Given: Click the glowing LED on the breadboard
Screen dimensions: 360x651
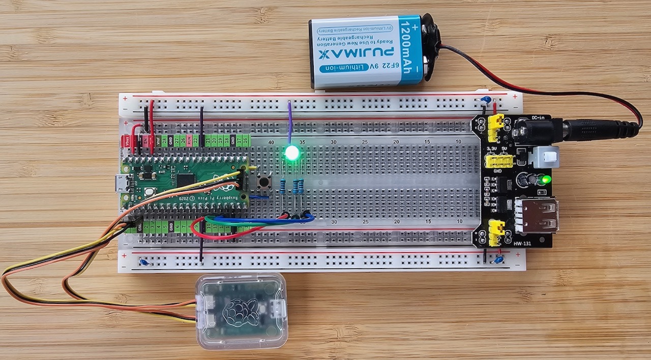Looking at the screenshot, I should tap(291, 152).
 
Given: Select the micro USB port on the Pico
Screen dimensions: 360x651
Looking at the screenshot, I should tap(121, 184).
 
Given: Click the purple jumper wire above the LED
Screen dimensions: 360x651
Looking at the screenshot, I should tap(289, 122).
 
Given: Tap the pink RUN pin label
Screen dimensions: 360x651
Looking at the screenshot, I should tap(189, 141).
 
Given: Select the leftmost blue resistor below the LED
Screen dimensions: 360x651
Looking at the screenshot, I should tap(283, 187).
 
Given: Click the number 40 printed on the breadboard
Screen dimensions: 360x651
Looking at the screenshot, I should tap(271, 142).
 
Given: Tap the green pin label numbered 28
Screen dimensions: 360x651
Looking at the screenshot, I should tap(164, 141).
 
